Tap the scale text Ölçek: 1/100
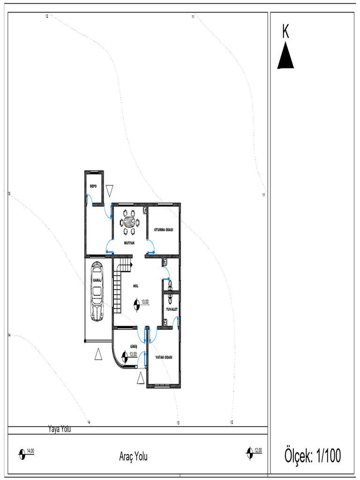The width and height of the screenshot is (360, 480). click(313, 455)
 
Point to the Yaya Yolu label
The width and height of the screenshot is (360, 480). click(60, 428)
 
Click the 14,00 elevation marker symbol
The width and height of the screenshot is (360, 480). click(22, 453)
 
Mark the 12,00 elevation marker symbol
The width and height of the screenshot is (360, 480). click(250, 452)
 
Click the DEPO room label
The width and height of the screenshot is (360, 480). click(93, 186)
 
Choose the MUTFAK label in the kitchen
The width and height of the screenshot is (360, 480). click(130, 243)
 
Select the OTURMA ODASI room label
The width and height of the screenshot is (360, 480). click(164, 230)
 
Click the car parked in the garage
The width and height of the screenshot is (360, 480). click(97, 292)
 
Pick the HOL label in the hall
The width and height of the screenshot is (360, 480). click(135, 285)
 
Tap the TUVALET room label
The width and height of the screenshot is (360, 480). click(171, 310)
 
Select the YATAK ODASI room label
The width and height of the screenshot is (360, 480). click(164, 357)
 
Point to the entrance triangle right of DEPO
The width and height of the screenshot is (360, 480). click(110, 190)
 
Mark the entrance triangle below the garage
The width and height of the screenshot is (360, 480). click(98, 354)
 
